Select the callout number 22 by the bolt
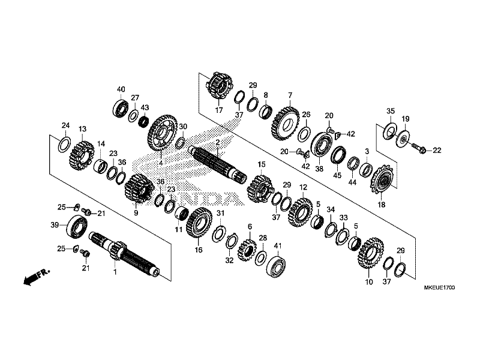point(437,150)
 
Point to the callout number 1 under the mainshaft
point(115,272)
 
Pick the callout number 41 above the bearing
point(277,245)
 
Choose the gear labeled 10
point(370,252)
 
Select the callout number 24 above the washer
point(65,125)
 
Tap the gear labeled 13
point(81,153)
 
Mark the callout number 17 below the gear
point(219,110)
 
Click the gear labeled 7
point(285,120)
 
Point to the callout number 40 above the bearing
point(121,89)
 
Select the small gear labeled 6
point(247,248)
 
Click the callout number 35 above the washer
point(390,111)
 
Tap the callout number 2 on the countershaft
point(218,142)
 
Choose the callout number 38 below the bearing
point(319,169)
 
